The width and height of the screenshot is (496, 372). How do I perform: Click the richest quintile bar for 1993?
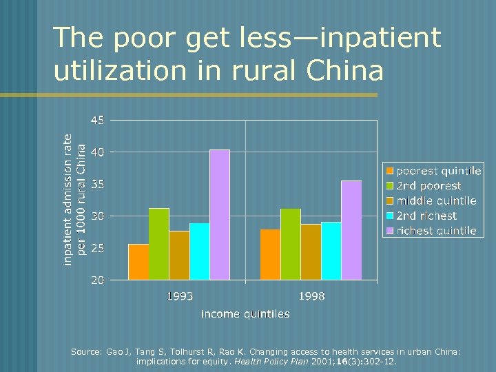pyautogui.click(x=220, y=215)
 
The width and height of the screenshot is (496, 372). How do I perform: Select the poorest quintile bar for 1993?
pyautogui.click(x=138, y=262)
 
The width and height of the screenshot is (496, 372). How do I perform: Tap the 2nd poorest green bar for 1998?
pyautogui.click(x=291, y=244)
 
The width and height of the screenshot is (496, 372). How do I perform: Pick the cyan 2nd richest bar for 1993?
pyautogui.click(x=199, y=251)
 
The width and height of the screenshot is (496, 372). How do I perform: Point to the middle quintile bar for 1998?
pyautogui.click(x=311, y=252)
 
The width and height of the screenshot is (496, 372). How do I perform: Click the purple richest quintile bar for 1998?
pyautogui.click(x=351, y=230)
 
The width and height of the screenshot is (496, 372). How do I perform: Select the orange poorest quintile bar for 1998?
pyautogui.click(x=270, y=254)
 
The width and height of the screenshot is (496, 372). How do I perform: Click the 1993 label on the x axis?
pyautogui.click(x=179, y=296)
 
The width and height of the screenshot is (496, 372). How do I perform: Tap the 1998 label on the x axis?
pyautogui.click(x=311, y=296)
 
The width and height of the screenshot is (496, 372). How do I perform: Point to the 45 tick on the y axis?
pyautogui.click(x=97, y=120)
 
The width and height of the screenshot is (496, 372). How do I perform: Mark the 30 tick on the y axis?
pyautogui.click(x=97, y=216)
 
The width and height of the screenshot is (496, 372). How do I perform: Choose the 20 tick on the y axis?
pyautogui.click(x=97, y=280)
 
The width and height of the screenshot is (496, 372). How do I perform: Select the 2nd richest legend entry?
pyautogui.click(x=426, y=216)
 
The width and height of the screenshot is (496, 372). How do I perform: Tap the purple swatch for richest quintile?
pyautogui.click(x=390, y=231)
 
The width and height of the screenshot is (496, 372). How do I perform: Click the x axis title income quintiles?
pyautogui.click(x=245, y=313)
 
